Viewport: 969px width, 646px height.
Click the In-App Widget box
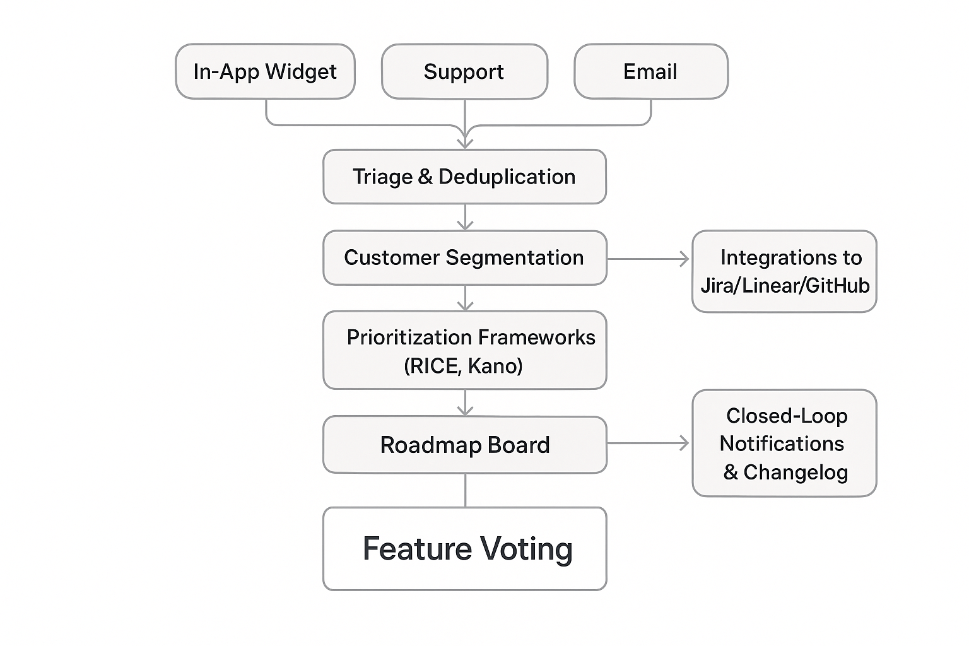(x=265, y=71)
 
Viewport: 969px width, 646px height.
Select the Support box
(x=464, y=71)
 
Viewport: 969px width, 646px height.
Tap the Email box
(x=650, y=71)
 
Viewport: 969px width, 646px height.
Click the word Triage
(x=382, y=177)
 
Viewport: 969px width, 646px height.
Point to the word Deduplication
(x=507, y=177)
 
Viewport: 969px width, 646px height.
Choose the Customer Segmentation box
(x=464, y=257)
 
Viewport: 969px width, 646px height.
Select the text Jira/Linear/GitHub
(x=785, y=286)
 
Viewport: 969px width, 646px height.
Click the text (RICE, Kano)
(x=464, y=366)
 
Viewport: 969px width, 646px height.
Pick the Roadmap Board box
(x=464, y=445)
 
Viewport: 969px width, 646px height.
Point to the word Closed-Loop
(x=787, y=416)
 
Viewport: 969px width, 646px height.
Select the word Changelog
(x=796, y=473)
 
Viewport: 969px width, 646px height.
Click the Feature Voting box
(x=464, y=548)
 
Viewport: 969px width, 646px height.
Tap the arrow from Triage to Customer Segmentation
(x=465, y=217)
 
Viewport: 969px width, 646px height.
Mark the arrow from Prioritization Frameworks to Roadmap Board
(x=465, y=402)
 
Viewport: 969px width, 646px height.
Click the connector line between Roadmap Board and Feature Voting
(x=465, y=490)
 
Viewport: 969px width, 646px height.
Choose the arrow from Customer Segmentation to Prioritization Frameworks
(x=465, y=298)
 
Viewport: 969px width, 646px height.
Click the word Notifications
(x=782, y=444)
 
